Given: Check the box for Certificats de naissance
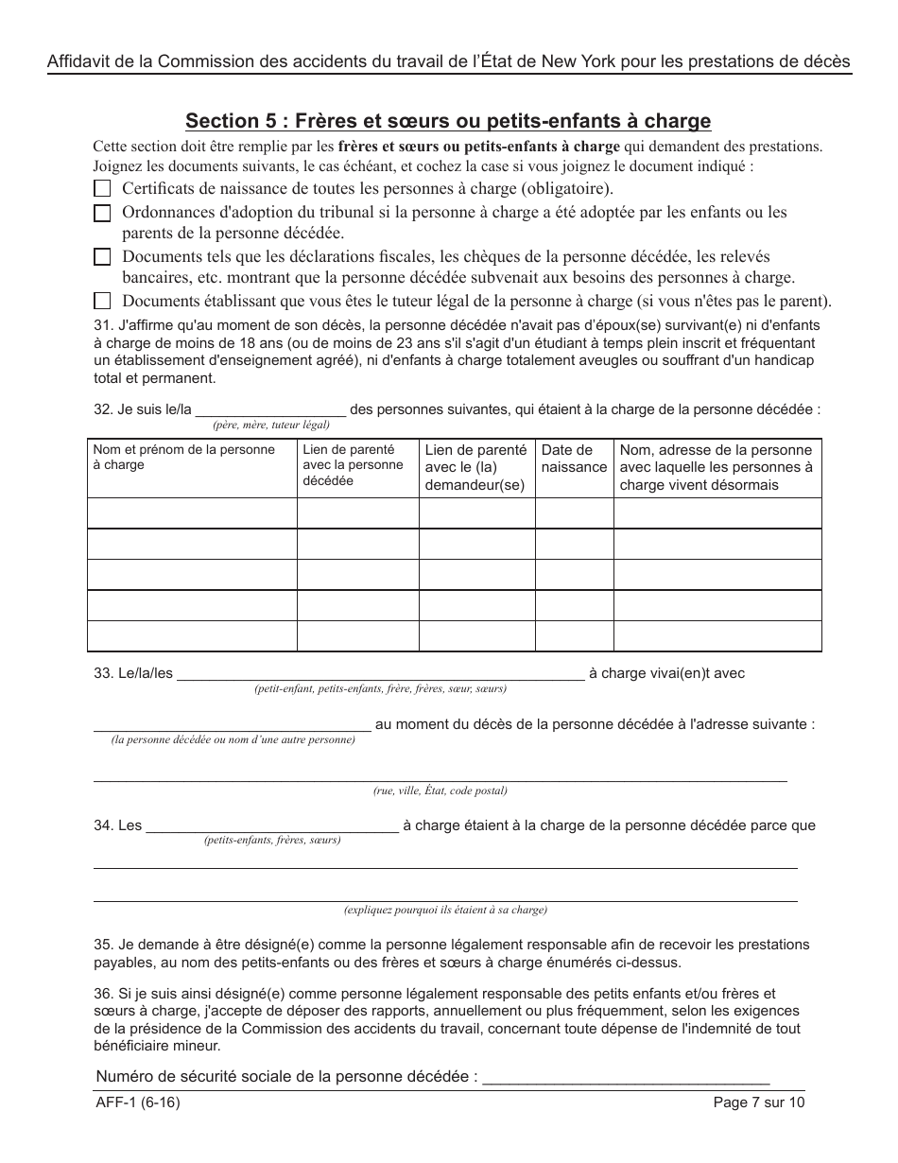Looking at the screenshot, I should point(102,188).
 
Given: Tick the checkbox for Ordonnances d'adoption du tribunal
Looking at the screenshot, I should point(102,214).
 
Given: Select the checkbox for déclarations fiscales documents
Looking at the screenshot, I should point(102,257).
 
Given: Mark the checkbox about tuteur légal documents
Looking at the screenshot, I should point(102,302).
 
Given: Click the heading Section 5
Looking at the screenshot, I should point(448,121).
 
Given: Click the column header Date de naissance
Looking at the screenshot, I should point(574,459).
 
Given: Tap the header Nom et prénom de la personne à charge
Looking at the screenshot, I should point(184,458).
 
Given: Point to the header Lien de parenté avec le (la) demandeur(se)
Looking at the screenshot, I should point(475,467).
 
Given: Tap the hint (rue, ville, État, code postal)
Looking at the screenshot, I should point(440,791).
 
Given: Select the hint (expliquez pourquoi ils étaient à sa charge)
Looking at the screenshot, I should point(444,911).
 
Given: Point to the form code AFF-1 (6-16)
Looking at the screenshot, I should point(137,1102).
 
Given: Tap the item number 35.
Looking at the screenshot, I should point(102,945).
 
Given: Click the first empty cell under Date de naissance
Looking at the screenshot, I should point(574,512).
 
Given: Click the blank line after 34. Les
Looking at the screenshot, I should point(272,825).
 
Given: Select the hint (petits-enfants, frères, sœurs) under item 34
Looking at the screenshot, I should point(272,840).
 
